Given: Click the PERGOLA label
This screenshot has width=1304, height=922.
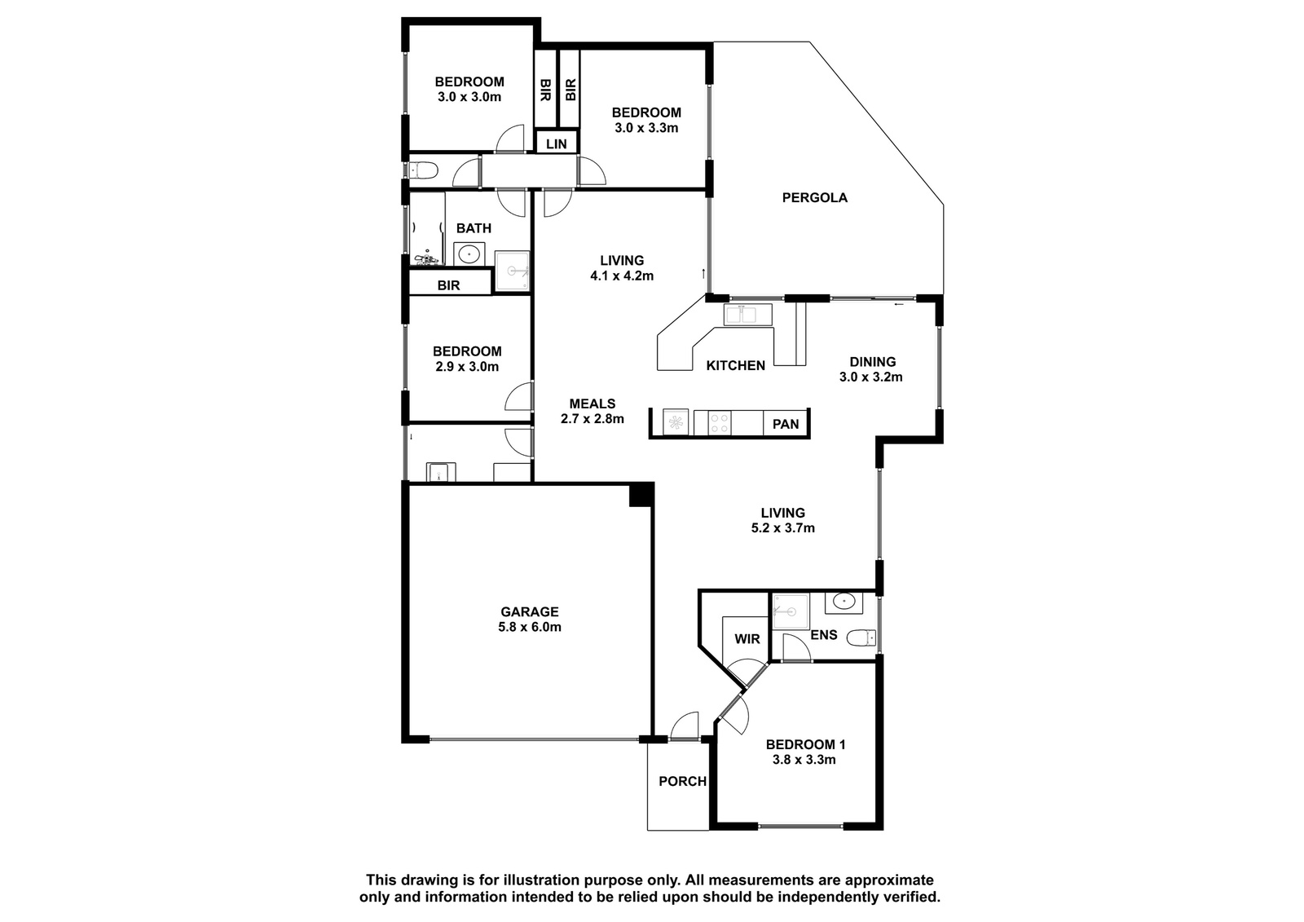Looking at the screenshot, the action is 814,197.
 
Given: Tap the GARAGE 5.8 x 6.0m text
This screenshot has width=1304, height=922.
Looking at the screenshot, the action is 530,619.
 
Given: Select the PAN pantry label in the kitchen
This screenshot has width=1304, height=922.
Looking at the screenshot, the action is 786,424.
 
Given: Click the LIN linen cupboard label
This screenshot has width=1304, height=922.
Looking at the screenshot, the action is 557,143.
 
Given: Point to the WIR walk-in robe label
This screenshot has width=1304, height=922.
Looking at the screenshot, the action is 747,639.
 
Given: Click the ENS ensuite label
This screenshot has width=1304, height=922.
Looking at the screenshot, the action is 824,634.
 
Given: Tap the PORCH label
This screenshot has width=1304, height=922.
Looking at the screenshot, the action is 682,781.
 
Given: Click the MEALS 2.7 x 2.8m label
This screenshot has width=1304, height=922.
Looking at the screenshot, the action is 592,411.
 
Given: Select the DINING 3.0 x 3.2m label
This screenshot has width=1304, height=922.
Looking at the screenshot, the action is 871,369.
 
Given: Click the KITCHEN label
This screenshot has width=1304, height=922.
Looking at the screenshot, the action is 736,366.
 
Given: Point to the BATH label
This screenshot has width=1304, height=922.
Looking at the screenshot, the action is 474,228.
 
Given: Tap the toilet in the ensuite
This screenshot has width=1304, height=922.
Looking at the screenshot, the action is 861,637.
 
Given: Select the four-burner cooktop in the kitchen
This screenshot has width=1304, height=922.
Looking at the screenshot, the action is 720,423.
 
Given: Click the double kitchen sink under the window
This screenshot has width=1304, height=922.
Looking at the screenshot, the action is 747,315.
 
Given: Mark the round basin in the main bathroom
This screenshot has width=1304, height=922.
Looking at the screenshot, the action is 469,254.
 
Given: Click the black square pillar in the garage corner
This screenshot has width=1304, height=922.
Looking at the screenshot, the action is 641,495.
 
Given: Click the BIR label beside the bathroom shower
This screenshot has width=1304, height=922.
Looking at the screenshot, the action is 449,285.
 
